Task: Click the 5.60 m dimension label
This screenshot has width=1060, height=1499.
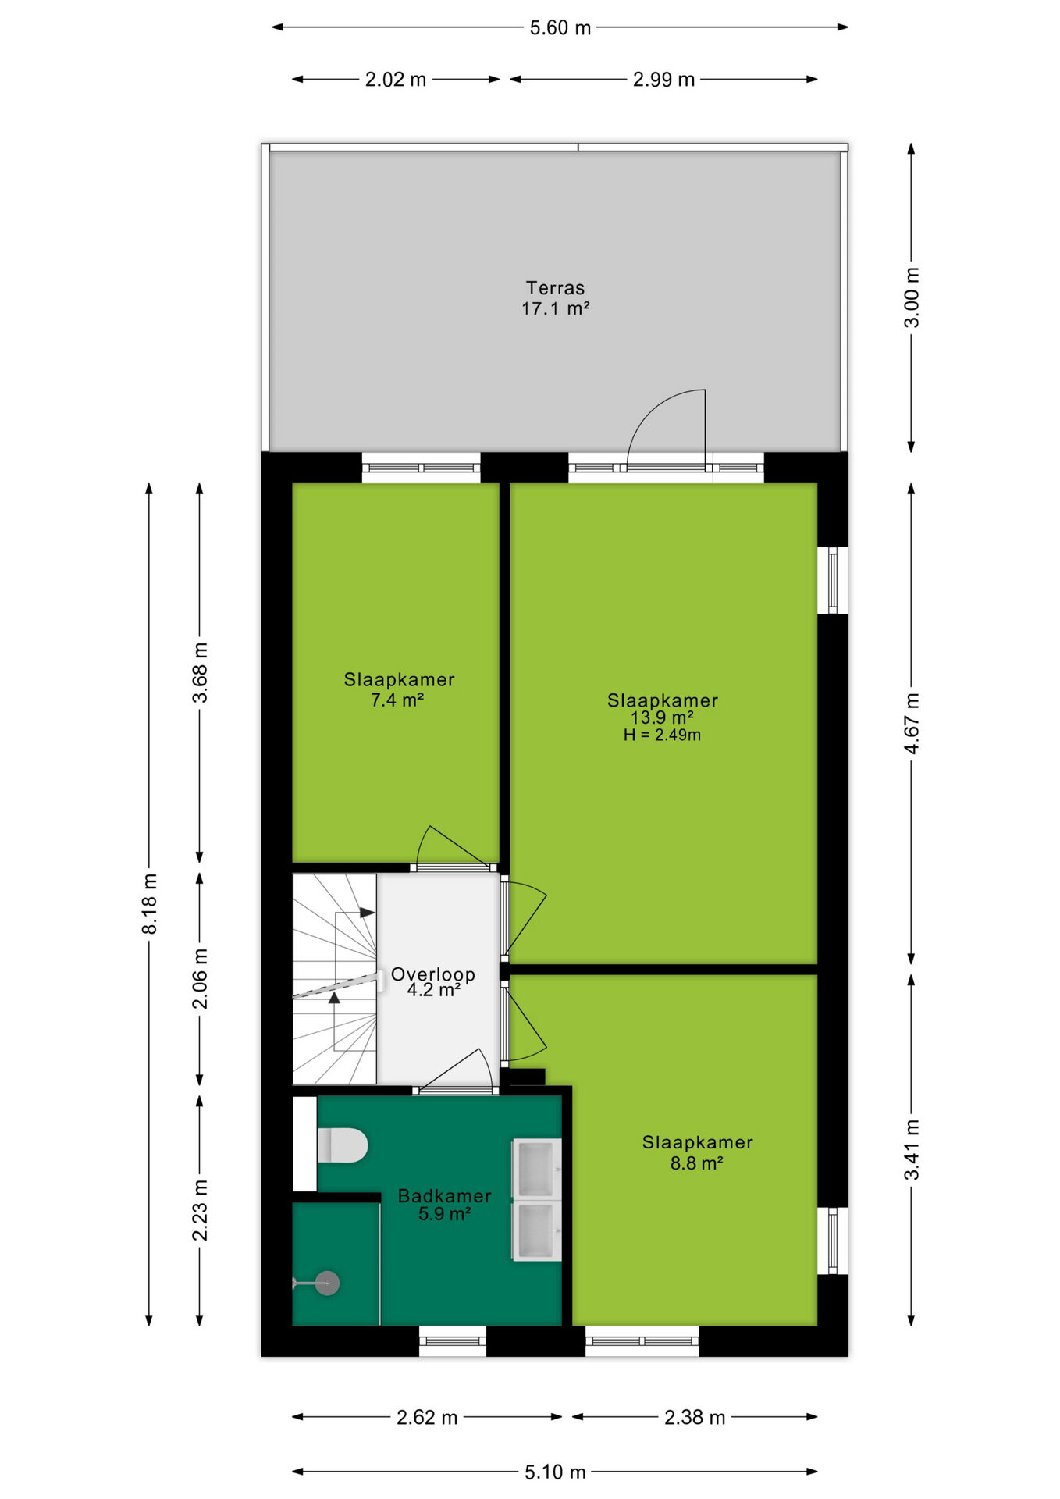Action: tap(560, 28)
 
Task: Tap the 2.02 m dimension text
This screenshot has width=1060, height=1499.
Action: tap(396, 80)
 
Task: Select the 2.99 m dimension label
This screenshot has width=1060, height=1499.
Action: tap(663, 80)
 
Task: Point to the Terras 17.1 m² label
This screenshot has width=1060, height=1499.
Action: tap(555, 298)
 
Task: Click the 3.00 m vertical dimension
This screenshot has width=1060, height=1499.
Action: tap(912, 297)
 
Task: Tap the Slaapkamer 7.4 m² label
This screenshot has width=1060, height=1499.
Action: tap(399, 689)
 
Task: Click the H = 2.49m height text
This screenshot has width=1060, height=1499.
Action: tap(662, 735)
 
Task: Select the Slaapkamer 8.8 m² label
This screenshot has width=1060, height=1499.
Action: tap(697, 1152)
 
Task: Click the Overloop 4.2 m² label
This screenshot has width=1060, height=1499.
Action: tap(433, 982)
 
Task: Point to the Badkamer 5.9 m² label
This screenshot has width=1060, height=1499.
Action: tap(444, 1205)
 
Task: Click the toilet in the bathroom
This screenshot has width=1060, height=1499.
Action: tap(342, 1145)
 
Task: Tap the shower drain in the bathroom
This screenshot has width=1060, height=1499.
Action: tap(327, 1283)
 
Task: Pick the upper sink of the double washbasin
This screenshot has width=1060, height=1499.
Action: tap(536, 1169)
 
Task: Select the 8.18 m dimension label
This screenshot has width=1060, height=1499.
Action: tap(150, 904)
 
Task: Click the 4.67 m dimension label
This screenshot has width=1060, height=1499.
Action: tap(912, 723)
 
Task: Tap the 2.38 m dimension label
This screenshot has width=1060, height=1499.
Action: tap(695, 1417)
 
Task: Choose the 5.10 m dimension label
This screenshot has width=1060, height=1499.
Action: tap(555, 1472)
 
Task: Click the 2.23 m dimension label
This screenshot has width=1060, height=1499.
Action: tap(200, 1210)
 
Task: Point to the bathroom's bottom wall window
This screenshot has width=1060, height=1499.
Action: tap(453, 1341)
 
